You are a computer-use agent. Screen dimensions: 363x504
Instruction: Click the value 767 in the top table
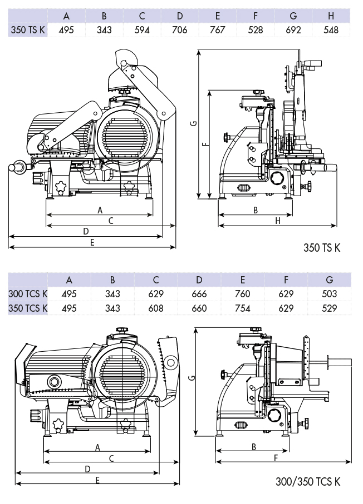[218, 30]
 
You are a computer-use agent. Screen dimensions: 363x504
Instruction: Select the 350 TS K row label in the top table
[28, 30]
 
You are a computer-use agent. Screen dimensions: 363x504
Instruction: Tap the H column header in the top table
[331, 16]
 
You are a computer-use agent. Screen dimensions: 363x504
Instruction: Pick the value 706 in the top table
[180, 30]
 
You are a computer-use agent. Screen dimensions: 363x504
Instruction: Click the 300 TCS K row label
[28, 294]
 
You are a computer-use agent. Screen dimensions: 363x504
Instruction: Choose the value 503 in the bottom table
[329, 294]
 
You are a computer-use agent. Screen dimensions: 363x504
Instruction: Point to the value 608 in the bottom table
[156, 308]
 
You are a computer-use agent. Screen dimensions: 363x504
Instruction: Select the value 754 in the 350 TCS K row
[243, 308]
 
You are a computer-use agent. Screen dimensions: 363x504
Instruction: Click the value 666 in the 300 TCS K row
[199, 294]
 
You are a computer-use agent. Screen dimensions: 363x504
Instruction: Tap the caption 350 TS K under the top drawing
[322, 248]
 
